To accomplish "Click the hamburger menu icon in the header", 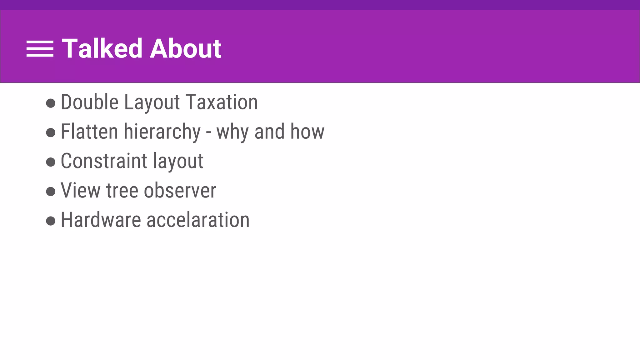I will pos(40,49).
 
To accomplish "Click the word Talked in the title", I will pos(102,48).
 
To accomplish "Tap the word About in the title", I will pos(186,48).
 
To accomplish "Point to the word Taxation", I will pos(222,102).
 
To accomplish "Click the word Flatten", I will pos(89,132).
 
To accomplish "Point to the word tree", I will pos(122,190).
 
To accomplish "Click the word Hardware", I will pos(101,220).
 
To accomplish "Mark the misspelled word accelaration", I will pos(198,220).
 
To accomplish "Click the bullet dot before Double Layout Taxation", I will pos(51,103).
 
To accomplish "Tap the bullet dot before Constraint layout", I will pos(51,162).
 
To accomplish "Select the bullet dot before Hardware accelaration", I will pos(51,221).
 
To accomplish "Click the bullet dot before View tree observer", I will pos(51,191).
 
